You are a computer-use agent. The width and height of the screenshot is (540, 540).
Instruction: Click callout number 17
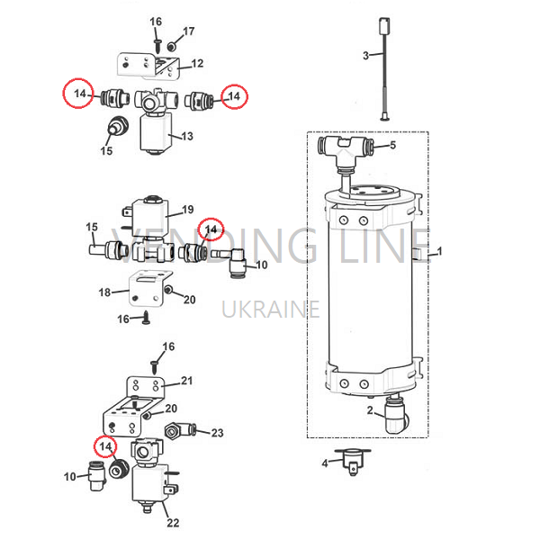(x=188, y=31)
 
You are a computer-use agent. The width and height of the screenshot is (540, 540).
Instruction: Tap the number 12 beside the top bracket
(x=197, y=63)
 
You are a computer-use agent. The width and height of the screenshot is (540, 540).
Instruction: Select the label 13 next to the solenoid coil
(x=187, y=136)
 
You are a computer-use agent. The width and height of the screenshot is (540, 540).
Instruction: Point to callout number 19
(x=188, y=210)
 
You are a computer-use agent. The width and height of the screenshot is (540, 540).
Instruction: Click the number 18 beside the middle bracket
(x=104, y=292)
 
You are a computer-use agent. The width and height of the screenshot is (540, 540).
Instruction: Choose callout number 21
(x=187, y=381)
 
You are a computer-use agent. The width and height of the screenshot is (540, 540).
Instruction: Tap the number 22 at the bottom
(x=173, y=523)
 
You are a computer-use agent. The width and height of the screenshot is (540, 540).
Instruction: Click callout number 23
(x=217, y=433)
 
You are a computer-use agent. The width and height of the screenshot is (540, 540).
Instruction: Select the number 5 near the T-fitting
(x=393, y=145)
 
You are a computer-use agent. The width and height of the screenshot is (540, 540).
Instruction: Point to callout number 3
(x=365, y=56)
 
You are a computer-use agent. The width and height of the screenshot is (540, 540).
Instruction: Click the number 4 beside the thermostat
(x=325, y=463)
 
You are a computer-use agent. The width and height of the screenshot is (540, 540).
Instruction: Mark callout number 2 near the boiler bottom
(x=370, y=410)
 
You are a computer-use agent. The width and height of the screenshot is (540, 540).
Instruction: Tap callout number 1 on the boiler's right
(x=439, y=251)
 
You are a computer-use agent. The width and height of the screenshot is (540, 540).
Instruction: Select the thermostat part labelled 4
(x=353, y=462)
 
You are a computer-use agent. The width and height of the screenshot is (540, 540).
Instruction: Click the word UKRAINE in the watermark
(x=271, y=309)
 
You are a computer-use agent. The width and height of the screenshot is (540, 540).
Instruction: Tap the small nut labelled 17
(x=171, y=46)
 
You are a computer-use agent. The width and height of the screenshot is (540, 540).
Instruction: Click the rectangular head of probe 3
(x=384, y=26)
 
